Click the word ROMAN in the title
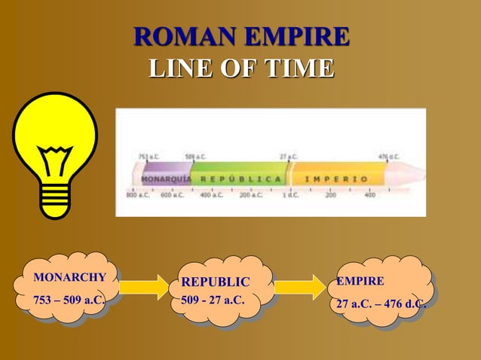[x=181, y=37]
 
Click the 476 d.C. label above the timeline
[x=388, y=157]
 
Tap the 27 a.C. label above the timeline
[x=289, y=157]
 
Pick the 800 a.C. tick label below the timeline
[x=136, y=194]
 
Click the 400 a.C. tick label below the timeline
[x=210, y=194]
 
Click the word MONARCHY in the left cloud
[x=69, y=277]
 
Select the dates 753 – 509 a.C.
[x=69, y=301]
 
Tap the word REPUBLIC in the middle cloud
[x=215, y=282]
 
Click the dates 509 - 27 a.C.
[x=213, y=301]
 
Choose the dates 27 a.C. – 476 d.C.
[x=381, y=304]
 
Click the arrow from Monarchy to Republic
[x=144, y=287]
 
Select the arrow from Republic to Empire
[x=299, y=287]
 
